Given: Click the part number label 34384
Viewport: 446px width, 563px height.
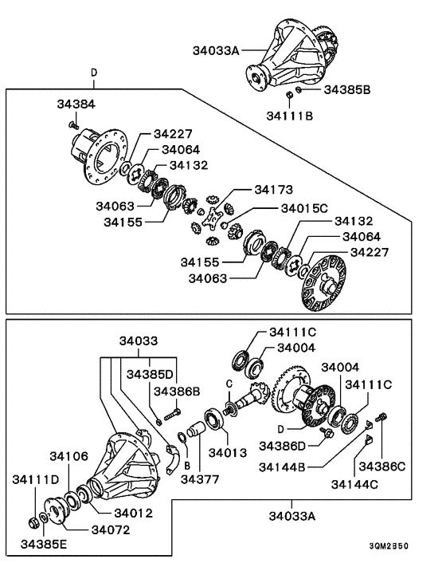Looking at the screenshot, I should (76, 104).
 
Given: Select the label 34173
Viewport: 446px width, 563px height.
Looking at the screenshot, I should (274, 191).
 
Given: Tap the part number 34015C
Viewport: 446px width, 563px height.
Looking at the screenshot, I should (304, 208).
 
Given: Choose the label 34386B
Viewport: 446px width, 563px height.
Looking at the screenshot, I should (178, 392).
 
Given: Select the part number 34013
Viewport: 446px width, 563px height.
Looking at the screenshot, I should (226, 452).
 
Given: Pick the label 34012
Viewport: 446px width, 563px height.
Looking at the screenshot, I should (131, 513).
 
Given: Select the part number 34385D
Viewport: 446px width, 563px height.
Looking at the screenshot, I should (149, 373).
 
